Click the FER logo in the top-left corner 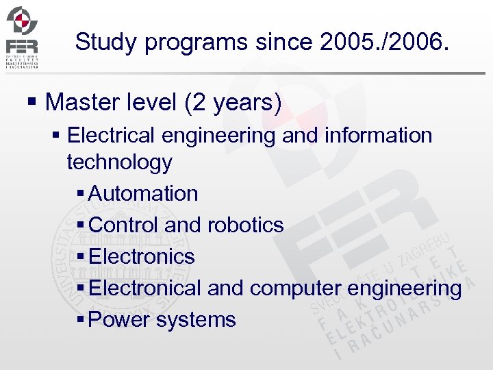23,36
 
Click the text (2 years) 233,103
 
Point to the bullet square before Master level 31,103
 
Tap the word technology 119,162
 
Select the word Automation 143,193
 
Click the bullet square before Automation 82,194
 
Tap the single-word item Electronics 142,256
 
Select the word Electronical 145,288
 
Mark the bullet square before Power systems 82,320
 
